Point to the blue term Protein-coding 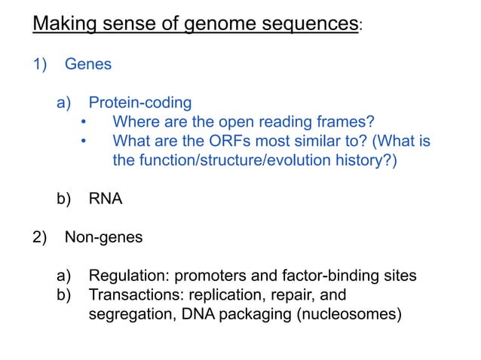pyautogui.click(x=140, y=102)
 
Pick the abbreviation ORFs pyautogui.click(x=220, y=141)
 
